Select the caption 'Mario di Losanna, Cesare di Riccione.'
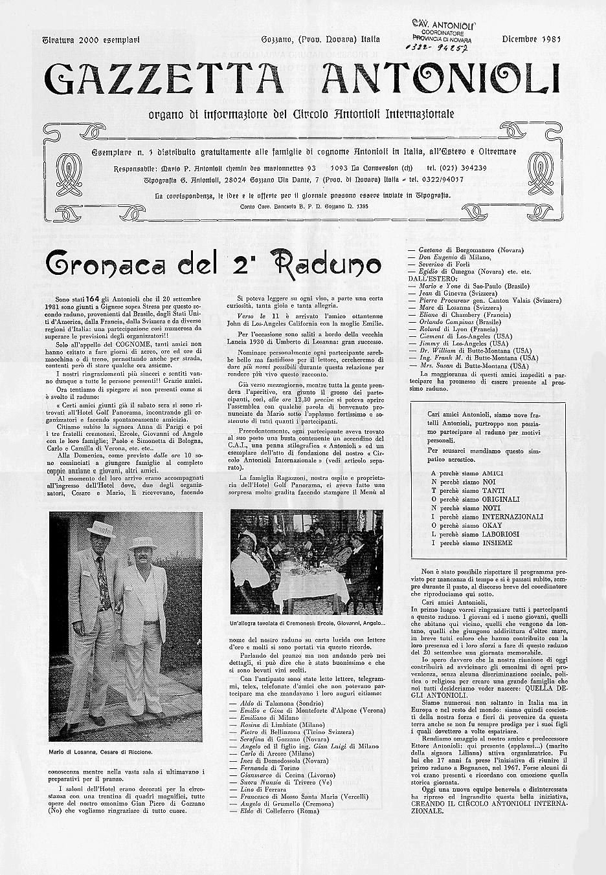pyautogui.click(x=100, y=752)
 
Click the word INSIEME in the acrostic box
pyautogui.click(x=497, y=543)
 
